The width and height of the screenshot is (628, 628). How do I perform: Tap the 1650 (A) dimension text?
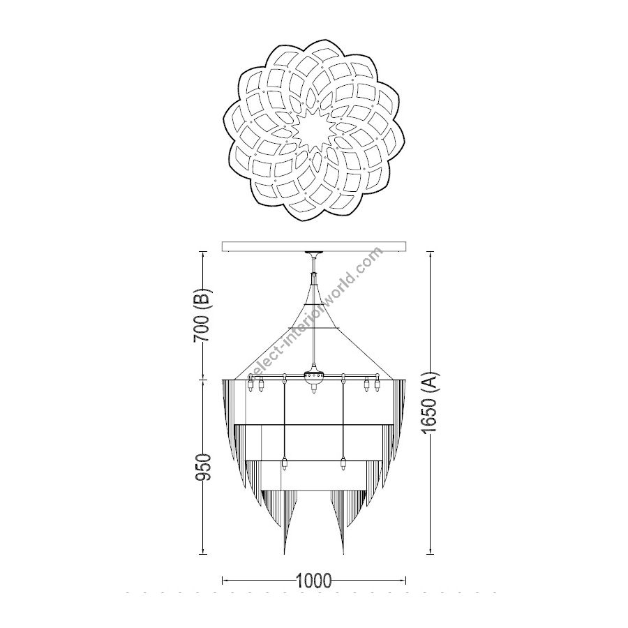click(431, 403)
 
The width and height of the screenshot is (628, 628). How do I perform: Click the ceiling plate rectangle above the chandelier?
click(314, 246)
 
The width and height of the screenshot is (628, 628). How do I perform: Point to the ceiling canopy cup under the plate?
click(314, 255)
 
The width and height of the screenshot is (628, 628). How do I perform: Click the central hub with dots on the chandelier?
click(314, 375)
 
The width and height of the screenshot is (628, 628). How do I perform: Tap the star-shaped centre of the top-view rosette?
click(314, 130)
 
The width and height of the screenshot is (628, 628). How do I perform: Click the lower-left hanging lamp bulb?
click(285, 464)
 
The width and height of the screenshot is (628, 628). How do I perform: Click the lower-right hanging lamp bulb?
click(343, 464)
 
